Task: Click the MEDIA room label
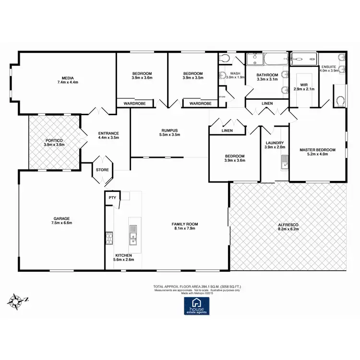pos(67,77)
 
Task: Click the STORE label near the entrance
pos(102,170)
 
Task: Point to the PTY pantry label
pos(112,198)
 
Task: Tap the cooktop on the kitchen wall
pos(109,237)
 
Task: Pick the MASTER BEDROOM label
pos(317,150)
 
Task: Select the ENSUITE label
pos(329,66)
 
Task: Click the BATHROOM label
pos(267,75)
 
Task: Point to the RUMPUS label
pos(169,130)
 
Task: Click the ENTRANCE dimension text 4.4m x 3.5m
pos(108,138)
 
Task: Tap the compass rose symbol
pos(18,300)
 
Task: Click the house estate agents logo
pos(197,305)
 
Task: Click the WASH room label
pos(235,73)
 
